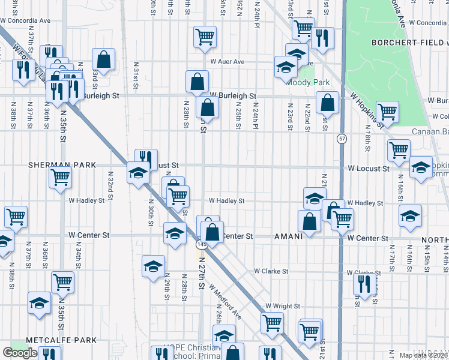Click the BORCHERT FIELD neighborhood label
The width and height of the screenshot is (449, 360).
[x=407, y=43]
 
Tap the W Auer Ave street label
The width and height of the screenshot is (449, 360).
[x=228, y=62]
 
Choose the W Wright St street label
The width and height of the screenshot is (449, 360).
[x=282, y=306]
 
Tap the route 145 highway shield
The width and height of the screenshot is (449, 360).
[x=200, y=245]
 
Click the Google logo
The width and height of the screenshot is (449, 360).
[x=20, y=352]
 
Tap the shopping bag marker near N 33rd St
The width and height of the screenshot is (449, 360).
[x=103, y=59]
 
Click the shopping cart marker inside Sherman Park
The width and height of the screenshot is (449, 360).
[x=60, y=177]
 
